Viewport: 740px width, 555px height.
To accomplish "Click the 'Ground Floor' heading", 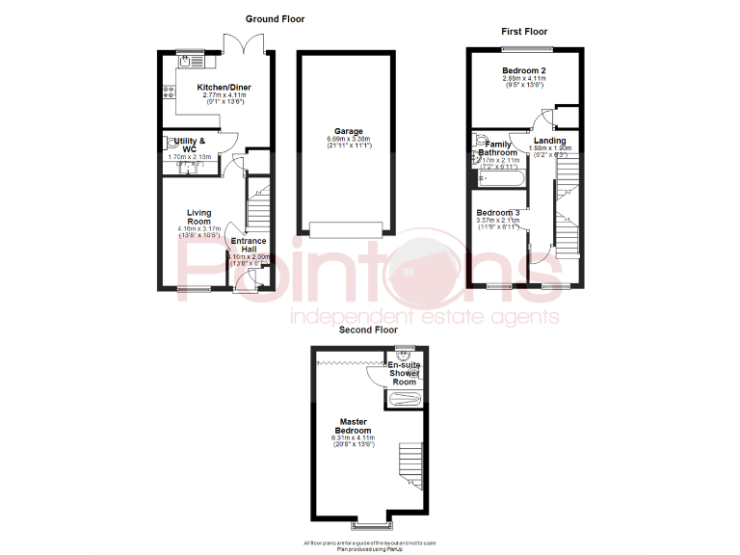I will tap(275, 19).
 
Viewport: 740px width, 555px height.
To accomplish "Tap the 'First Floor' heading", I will tap(524, 32).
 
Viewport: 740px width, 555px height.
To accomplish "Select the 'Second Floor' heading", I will tap(368, 330).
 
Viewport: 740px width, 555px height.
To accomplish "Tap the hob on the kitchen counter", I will tap(170, 93).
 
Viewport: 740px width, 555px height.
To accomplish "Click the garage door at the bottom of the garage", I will tap(347, 229).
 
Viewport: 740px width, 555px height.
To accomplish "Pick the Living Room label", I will tap(198, 218).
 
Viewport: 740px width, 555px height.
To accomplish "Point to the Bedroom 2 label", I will tap(524, 71).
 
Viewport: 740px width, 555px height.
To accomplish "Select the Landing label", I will tap(550, 141).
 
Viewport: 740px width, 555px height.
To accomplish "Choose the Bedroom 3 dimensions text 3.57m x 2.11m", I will tap(497, 220).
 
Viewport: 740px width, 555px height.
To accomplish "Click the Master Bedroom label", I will tap(355, 426).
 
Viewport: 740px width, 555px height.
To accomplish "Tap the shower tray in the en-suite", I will tap(403, 400).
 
